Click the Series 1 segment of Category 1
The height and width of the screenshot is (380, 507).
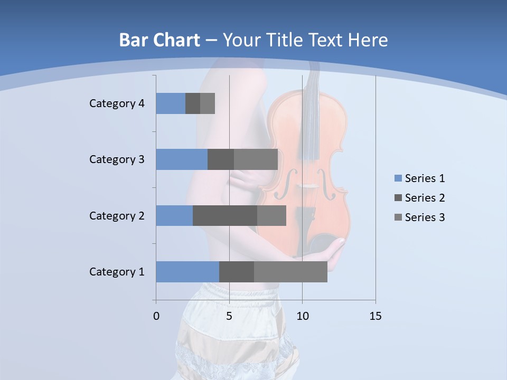click(187, 272)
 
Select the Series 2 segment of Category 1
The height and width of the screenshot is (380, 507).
click(237, 272)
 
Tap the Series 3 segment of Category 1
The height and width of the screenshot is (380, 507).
click(290, 272)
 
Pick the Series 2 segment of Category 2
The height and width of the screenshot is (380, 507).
click(225, 215)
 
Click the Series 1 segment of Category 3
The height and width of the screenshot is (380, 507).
click(182, 159)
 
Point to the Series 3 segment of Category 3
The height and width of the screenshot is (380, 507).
click(256, 159)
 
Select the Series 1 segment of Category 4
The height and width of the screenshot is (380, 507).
click(171, 103)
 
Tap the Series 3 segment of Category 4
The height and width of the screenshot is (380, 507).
click(208, 103)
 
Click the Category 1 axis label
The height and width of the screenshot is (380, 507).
click(117, 272)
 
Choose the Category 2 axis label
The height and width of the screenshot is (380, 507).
click(117, 215)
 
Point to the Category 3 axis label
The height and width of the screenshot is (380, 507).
click(117, 159)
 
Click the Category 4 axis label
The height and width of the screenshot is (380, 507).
click(117, 103)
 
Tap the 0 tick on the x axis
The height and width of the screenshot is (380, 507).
click(156, 316)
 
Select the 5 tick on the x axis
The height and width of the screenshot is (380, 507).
click(229, 316)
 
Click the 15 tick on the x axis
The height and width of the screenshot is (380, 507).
click(375, 316)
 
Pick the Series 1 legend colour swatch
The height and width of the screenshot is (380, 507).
click(398, 178)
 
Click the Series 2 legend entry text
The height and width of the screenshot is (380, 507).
click(425, 198)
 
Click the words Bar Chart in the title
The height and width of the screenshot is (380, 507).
click(159, 40)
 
